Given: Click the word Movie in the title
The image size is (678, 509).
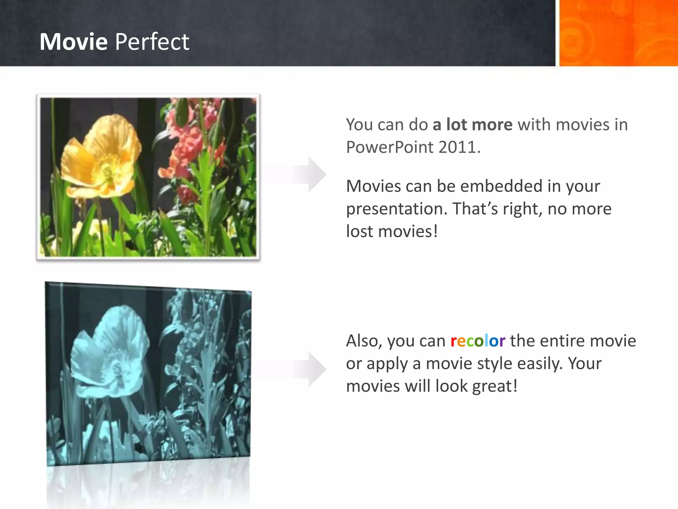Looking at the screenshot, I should [73, 42].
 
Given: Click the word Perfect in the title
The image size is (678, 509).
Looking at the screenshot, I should [152, 42].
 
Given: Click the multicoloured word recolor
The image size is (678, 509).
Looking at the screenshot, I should [478, 341].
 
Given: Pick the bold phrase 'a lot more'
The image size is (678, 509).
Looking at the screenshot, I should [472, 125].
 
